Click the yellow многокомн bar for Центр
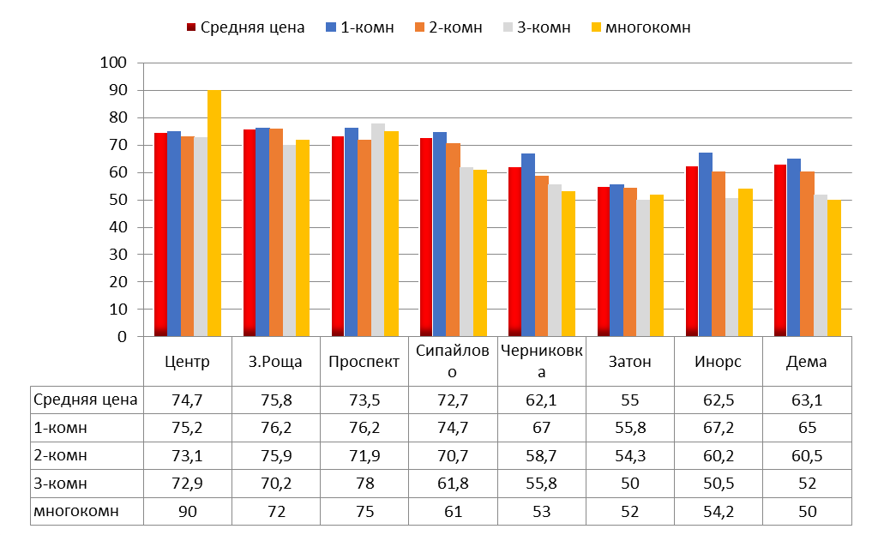[x=214, y=213]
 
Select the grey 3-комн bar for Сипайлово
[x=466, y=252]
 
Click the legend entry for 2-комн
[x=451, y=27]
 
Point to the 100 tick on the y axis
[x=113, y=63]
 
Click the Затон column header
[x=630, y=362]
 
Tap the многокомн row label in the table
[x=75, y=512]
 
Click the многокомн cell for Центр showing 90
[x=187, y=512]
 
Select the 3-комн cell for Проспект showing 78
[x=364, y=484]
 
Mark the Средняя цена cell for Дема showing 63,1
[x=807, y=399]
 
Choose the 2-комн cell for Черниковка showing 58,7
[x=541, y=455]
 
